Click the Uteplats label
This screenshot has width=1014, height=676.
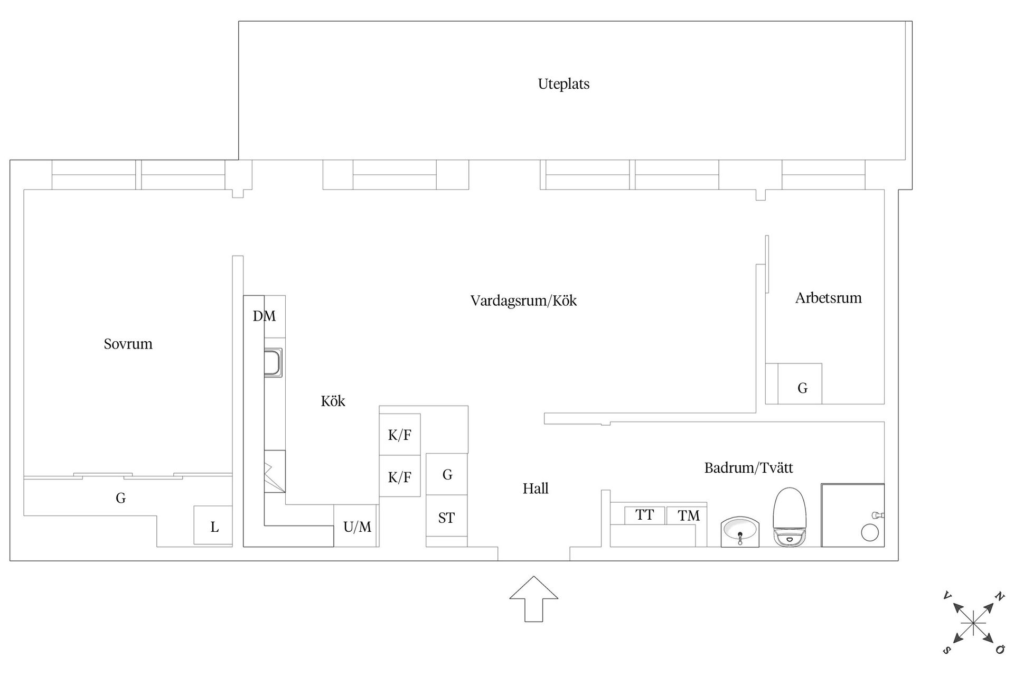pos(564,84)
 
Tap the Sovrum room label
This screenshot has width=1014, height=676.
pos(128,344)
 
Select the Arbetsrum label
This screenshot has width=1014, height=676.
pos(828,298)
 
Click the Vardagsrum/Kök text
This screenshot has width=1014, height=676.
pos(523,301)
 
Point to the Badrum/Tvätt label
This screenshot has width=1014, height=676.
pos(748,468)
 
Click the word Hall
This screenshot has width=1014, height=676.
pos(536,489)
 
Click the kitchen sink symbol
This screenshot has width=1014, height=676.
pos(273,362)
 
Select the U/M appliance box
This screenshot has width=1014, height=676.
pos(356,526)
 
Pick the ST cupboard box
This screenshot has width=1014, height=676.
pos(446,517)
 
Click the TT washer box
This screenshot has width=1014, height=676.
pos(644,515)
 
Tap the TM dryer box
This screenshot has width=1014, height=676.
pos(688,516)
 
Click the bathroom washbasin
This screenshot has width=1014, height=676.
pos(740,532)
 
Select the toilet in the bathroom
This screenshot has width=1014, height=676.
pos(790,516)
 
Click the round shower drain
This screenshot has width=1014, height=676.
pos(869,532)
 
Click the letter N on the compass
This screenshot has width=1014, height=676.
pos(999,596)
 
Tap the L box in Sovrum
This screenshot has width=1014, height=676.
pos(214,526)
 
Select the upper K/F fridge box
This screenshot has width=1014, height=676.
pos(400,435)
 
